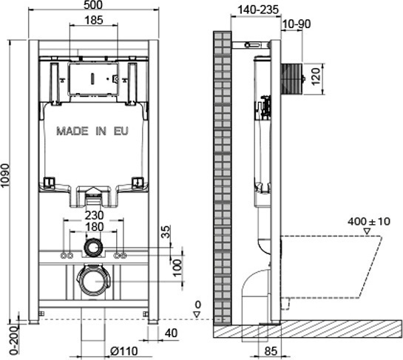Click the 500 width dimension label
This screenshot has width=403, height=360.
93,4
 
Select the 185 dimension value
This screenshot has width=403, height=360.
94,20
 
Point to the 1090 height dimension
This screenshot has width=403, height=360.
5,175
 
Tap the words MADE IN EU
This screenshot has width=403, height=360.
92,131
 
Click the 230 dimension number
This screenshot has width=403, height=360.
94,215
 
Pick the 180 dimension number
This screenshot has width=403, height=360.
95,227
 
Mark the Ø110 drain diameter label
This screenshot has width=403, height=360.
124,351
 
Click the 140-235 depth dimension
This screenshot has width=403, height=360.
258,10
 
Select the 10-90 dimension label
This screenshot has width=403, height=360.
297,24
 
